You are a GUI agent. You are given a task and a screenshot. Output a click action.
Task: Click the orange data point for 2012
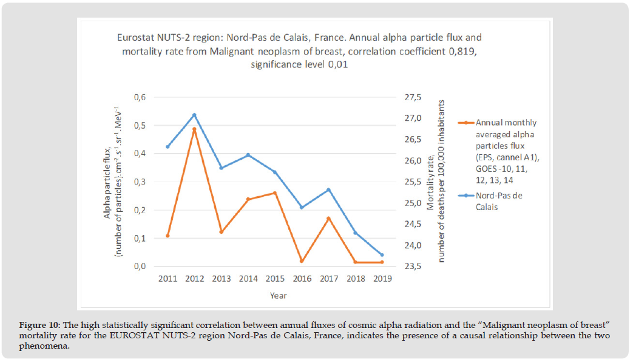pyautogui.click(x=194, y=129)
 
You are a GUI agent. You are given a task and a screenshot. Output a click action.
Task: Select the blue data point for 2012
pyautogui.click(x=194, y=115)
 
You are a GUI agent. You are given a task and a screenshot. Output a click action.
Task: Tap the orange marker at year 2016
pyautogui.click(x=302, y=261)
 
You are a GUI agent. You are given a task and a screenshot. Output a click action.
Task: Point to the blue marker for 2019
pyautogui.click(x=382, y=255)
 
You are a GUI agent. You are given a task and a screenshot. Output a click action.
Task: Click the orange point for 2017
pyautogui.click(x=328, y=219)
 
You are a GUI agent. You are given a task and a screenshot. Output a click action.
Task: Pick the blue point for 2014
pyautogui.click(x=248, y=155)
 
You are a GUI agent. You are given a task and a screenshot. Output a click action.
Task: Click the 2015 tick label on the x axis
pyautogui.click(x=275, y=279)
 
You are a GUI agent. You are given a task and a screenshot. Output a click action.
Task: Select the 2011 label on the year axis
pyautogui.click(x=168, y=279)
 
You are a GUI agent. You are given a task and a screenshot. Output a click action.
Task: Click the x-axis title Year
pyautogui.click(x=279, y=296)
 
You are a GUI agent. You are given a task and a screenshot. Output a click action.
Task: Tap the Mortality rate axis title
pyautogui.click(x=436, y=182)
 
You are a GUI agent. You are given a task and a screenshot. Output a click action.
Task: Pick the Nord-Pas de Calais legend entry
pyautogui.click(x=499, y=200)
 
